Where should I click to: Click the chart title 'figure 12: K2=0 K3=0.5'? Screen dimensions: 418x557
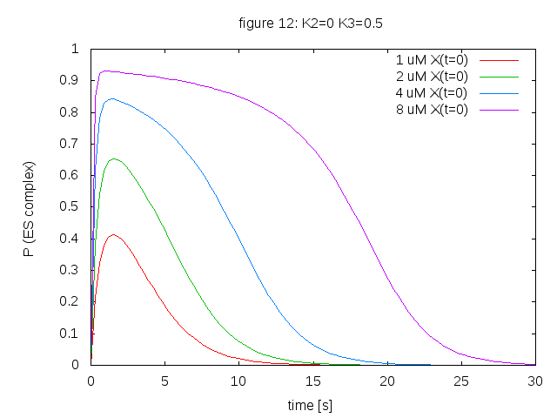[310, 23]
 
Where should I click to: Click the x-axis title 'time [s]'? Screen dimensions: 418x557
[310, 405]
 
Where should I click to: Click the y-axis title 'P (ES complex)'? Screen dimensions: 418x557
[29, 208]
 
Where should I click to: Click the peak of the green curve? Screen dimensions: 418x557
[113, 158]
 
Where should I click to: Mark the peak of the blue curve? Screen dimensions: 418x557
[111, 98]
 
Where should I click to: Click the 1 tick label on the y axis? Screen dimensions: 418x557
[75, 49]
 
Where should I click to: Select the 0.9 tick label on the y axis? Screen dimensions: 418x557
[70, 80]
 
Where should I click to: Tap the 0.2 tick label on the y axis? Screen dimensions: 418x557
[70, 301]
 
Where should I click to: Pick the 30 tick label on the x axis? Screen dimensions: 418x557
[535, 381]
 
